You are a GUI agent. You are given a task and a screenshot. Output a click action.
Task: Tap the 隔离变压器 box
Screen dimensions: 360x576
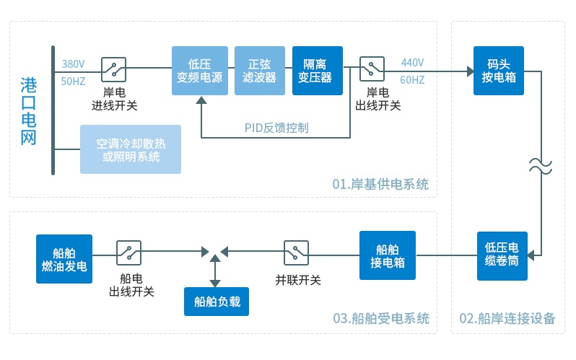[x=318, y=71]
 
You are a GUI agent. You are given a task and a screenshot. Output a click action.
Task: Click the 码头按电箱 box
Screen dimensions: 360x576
[x=498, y=71]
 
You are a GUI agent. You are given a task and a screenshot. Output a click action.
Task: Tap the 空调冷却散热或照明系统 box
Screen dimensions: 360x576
[x=130, y=149]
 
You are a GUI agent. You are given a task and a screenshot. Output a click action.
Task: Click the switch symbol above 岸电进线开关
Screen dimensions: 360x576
[x=114, y=69]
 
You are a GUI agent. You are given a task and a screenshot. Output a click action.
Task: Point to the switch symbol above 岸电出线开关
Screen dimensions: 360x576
[x=372, y=69]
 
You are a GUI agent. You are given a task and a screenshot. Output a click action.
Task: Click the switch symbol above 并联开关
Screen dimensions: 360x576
[x=297, y=253]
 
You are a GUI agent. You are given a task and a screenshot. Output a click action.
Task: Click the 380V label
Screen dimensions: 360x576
[x=73, y=63]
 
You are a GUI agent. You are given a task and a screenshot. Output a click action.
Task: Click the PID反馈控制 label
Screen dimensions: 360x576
[x=276, y=128]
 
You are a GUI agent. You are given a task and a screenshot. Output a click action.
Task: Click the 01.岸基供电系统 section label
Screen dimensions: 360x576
[x=380, y=185]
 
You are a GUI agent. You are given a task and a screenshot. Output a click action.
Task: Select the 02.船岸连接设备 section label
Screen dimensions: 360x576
[x=507, y=318]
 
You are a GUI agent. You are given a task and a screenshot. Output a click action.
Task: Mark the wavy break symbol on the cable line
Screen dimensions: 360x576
[x=540, y=165]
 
